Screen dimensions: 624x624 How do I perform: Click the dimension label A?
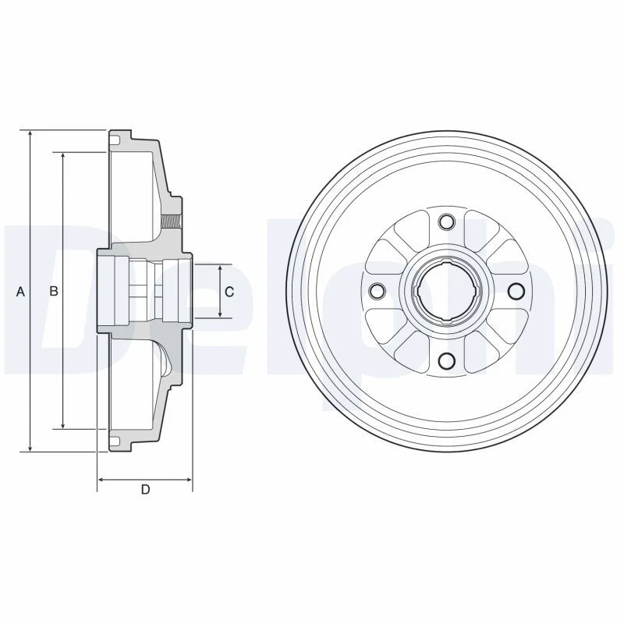(21, 292)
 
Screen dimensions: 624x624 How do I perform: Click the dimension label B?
(54, 292)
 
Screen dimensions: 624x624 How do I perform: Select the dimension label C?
(229, 292)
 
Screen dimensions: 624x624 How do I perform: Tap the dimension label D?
(145, 489)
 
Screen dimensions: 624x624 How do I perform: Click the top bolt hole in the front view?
(446, 222)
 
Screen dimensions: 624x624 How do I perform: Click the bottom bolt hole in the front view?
(446, 360)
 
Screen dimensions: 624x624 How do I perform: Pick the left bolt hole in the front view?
(377, 291)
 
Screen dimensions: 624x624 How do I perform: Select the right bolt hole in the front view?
(516, 291)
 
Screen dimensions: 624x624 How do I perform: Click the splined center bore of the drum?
(446, 291)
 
